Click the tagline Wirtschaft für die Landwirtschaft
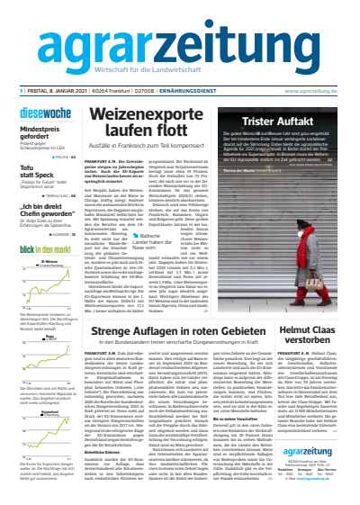click(180, 69)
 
